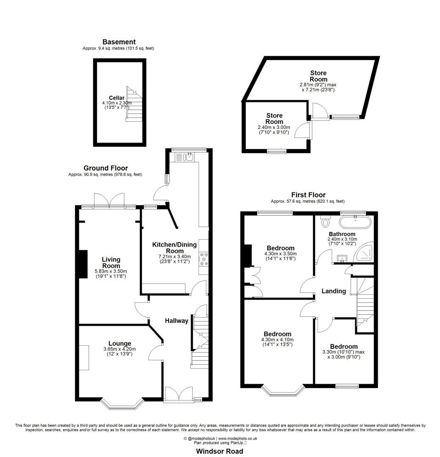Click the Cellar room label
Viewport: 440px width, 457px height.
pyautogui.click(x=116, y=98)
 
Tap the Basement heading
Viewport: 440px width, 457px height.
pyautogui.click(x=119, y=42)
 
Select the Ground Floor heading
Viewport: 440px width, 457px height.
pyautogui.click(x=105, y=168)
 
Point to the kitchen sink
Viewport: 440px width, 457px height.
pyautogui.click(x=189, y=157)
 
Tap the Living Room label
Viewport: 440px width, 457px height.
pyautogui.click(x=111, y=262)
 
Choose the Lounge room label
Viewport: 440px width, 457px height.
pyautogui.click(x=119, y=343)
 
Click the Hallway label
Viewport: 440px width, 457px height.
pyautogui.click(x=177, y=321)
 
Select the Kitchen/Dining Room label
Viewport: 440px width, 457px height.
pyautogui.click(x=172, y=248)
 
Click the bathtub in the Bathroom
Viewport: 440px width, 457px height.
pyautogui.click(x=355, y=221)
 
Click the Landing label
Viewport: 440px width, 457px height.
pyautogui.click(x=334, y=291)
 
